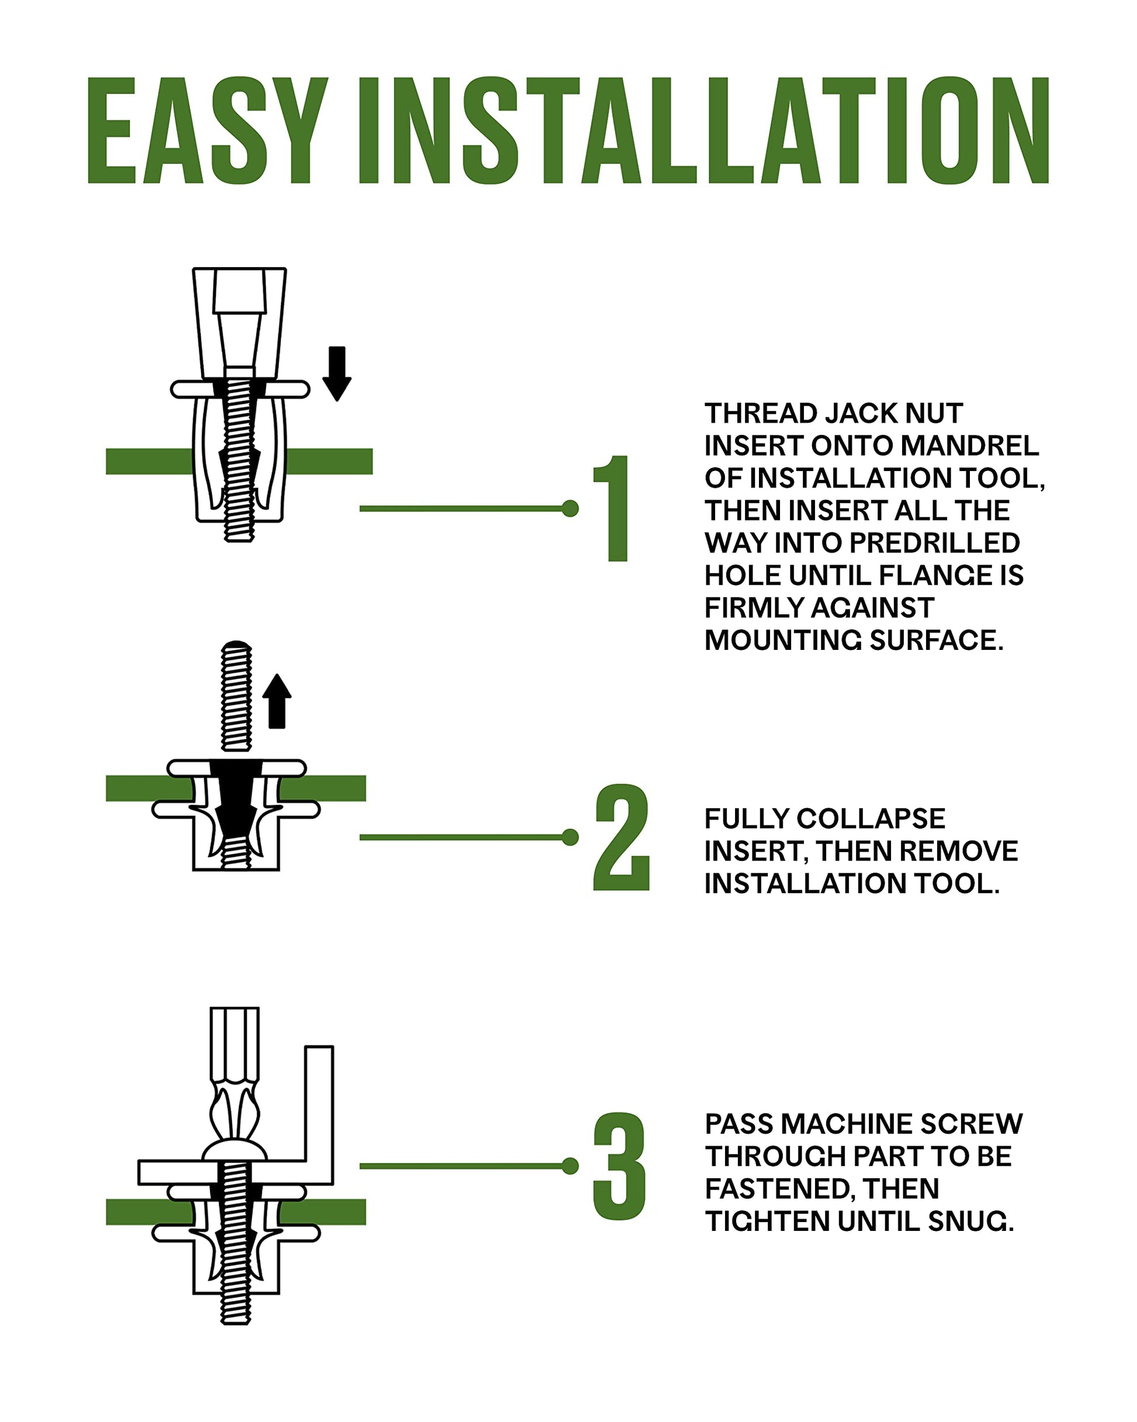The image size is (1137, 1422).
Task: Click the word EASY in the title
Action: click(x=208, y=130)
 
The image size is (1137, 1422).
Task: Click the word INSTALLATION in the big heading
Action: click(x=703, y=130)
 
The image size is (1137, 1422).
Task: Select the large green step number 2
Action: click(x=621, y=837)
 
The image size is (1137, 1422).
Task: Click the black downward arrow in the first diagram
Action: click(x=337, y=373)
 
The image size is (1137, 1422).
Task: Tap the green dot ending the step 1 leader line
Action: click(x=570, y=508)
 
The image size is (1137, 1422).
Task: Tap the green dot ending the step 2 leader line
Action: click(x=570, y=837)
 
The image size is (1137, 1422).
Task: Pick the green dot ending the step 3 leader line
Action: click(x=570, y=1166)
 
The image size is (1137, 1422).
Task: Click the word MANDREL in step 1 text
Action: click(x=969, y=445)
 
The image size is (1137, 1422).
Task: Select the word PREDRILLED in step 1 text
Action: click(x=934, y=542)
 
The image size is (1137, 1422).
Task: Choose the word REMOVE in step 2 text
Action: click(x=959, y=851)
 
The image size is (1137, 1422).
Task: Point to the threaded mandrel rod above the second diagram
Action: click(x=236, y=696)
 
